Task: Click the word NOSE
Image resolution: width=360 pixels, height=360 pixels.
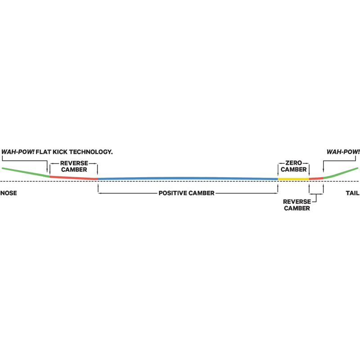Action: point(9,193)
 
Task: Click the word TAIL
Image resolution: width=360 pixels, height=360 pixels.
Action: point(353,193)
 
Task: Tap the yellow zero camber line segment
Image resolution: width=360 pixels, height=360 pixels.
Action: point(293,179)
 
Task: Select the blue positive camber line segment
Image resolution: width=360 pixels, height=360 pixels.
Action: point(188,178)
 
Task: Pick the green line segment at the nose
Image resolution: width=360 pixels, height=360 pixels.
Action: point(26,172)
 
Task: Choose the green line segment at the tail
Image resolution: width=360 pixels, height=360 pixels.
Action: point(341,173)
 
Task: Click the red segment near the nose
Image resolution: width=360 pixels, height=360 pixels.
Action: point(74,177)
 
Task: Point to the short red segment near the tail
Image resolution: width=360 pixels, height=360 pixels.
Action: point(316,178)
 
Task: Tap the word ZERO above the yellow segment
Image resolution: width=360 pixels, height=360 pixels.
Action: point(294,163)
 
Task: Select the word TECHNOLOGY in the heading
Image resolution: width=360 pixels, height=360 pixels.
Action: point(91,152)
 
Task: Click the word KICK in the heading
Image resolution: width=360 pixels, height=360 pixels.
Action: point(60,152)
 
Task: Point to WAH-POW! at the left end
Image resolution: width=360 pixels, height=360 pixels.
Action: point(18,152)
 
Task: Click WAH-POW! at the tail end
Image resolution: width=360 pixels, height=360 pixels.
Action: point(343,152)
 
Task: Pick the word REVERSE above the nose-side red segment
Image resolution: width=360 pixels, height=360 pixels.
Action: point(74,163)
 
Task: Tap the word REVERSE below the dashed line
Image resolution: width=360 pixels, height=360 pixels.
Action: point(297,202)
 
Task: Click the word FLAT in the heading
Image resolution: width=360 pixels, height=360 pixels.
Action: point(43,152)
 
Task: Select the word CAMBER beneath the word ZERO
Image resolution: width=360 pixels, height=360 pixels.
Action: point(294,170)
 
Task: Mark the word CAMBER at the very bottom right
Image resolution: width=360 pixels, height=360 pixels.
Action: point(297,208)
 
